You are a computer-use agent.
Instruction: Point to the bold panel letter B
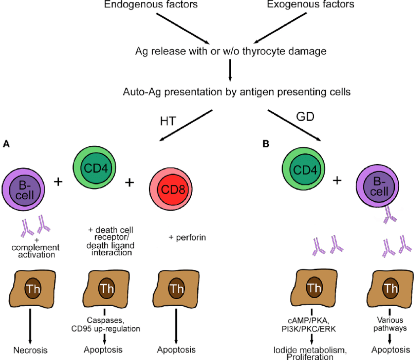[266, 144]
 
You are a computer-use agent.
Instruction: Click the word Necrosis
[31, 350]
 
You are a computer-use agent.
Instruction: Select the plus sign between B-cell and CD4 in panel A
[58, 181]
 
